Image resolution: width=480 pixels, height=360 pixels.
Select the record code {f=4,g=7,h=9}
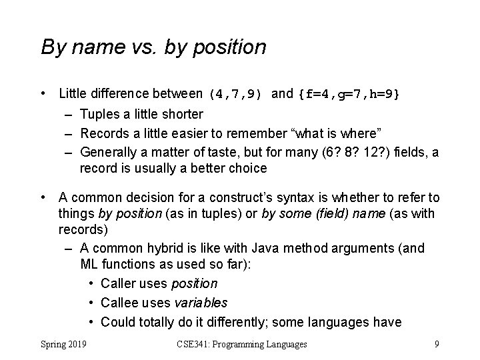(x=349, y=94)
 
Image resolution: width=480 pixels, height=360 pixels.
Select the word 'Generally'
(x=109, y=152)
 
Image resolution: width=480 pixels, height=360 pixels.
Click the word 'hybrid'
(x=166, y=249)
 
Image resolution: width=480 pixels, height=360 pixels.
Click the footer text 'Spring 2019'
(x=67, y=344)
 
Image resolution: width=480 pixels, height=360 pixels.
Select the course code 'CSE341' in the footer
(x=195, y=344)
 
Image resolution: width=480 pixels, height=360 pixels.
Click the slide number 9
(x=436, y=344)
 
